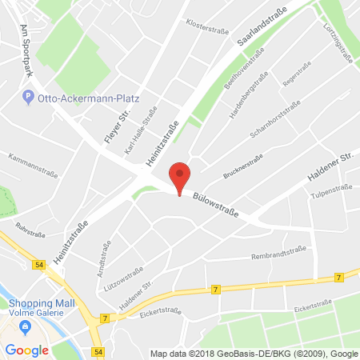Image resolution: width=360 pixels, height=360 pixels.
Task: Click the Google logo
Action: (x=26, y=350)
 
